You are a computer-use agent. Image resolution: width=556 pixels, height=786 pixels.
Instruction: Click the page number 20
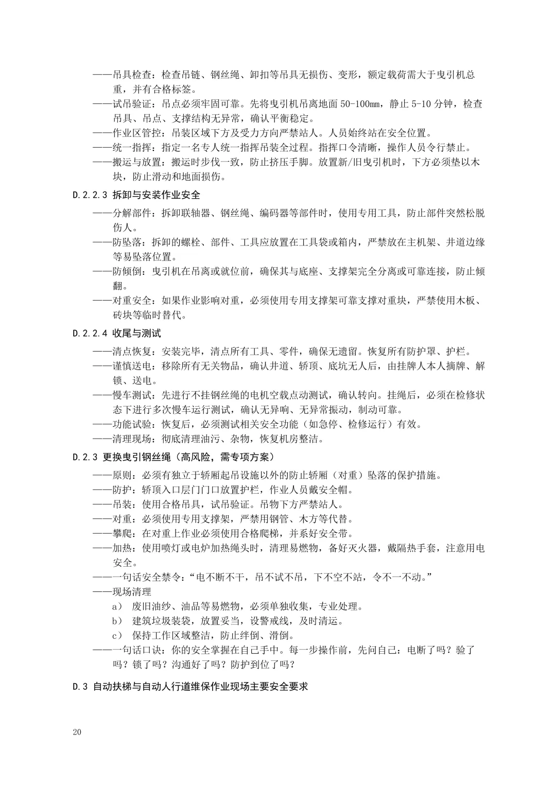tap(77, 732)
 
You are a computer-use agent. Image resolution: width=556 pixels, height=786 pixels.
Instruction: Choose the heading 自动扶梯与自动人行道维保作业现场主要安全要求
tap(200, 687)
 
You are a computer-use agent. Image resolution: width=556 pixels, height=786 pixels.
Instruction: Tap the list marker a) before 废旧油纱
tap(117, 606)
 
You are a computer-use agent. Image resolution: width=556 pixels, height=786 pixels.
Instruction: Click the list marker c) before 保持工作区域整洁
tap(117, 636)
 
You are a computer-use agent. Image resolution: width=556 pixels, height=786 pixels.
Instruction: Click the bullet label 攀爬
tap(122, 533)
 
